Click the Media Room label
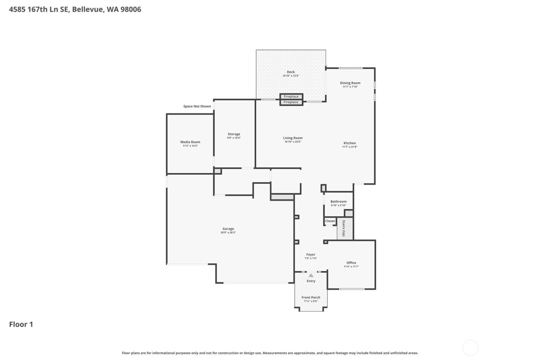click(x=190, y=142)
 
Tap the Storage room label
click(x=234, y=134)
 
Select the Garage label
click(x=228, y=229)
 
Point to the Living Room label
click(x=293, y=138)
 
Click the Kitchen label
click(x=349, y=143)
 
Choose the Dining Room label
click(x=350, y=83)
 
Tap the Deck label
click(x=291, y=72)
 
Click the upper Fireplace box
click(x=291, y=96)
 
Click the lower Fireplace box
click(x=291, y=102)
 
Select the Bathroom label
click(x=338, y=201)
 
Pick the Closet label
click(x=330, y=221)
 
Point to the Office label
click(x=351, y=263)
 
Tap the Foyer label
click(x=310, y=255)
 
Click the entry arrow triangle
click(x=311, y=275)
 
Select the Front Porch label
click(x=311, y=297)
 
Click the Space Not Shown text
click(x=197, y=106)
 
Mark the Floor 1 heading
click(x=21, y=324)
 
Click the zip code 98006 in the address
click(x=131, y=9)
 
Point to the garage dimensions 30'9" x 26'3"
click(x=228, y=233)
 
